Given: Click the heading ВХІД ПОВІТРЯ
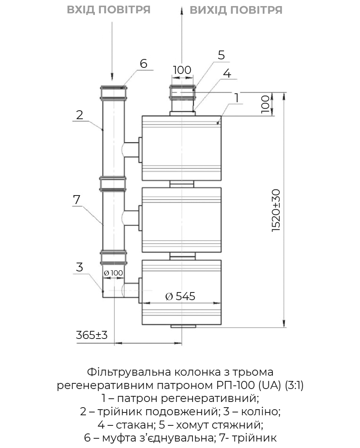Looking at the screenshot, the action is click(x=109, y=9).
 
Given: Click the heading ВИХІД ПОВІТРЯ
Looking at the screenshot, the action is click(x=236, y=10).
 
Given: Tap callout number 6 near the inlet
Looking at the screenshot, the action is click(x=144, y=63).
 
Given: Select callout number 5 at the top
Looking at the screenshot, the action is click(x=221, y=55).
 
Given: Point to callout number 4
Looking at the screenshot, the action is click(x=227, y=74).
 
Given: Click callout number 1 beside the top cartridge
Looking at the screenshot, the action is click(x=237, y=98).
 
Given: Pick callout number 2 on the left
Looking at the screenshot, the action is click(x=80, y=115).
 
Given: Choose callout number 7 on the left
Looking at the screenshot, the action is click(x=77, y=200).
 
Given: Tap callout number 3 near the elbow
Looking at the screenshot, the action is click(x=80, y=267).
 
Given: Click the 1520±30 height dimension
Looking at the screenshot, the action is click(x=276, y=210).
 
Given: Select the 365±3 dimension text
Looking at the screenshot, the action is click(x=92, y=335).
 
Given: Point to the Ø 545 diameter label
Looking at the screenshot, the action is click(x=180, y=296).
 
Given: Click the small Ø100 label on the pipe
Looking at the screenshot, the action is click(x=113, y=273).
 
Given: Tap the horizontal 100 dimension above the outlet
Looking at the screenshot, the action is click(x=182, y=70).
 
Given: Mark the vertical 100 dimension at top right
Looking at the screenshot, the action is click(x=265, y=104).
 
